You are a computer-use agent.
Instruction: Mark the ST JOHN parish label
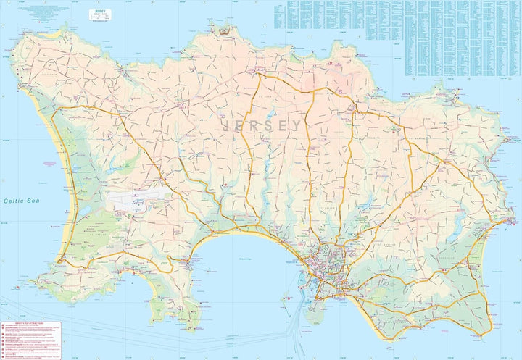267,94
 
